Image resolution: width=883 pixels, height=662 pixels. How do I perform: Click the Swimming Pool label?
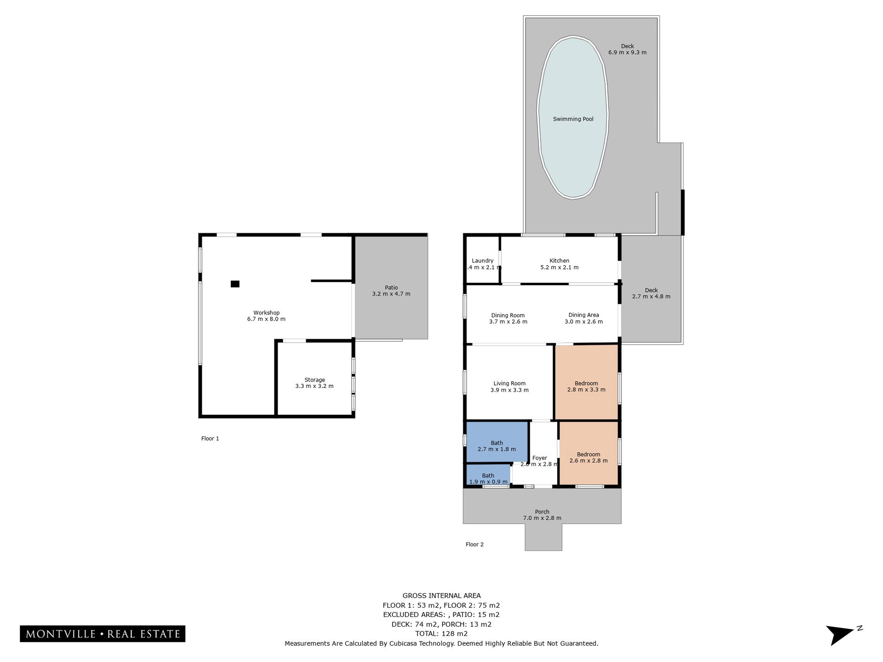coord(573,119)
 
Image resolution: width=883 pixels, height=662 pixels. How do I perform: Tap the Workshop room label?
coord(266,313)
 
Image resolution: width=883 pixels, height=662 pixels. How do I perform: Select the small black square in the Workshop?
coord(235,284)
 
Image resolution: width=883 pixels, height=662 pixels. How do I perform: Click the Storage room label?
coord(315,380)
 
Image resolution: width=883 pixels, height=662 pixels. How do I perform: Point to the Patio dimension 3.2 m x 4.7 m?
coord(391,294)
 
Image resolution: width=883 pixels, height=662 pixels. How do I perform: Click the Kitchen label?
coord(560,261)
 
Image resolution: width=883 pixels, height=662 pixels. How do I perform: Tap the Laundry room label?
coord(482,261)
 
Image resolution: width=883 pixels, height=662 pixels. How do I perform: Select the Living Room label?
coord(509,383)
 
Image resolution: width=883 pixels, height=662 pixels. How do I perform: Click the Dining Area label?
coord(584,315)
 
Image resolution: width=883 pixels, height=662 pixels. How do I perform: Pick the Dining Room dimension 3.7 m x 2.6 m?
coord(508,321)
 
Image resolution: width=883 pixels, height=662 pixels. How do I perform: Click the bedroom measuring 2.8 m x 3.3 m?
coord(586,382)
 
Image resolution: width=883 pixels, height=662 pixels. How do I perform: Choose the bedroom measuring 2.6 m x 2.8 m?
coord(589,453)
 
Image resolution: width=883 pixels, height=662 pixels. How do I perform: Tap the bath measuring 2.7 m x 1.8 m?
coord(497,442)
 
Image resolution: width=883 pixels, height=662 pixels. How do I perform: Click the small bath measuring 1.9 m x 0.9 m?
coord(488,475)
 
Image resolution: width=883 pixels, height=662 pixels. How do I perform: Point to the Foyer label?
coord(540,458)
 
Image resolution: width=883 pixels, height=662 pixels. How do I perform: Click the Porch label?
coord(542,511)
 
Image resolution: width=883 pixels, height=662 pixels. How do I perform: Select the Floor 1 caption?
coord(210,439)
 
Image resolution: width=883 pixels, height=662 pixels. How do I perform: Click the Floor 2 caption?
coord(474,544)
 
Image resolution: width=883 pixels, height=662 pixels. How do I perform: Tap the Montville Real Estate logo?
coord(103,634)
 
